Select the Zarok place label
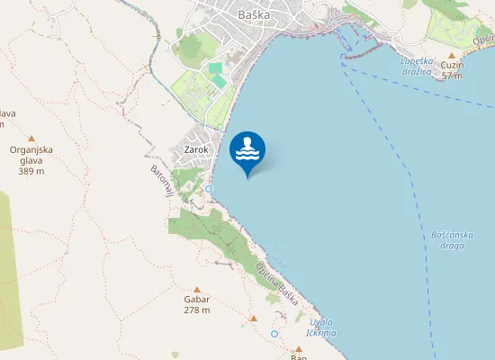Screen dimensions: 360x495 195,149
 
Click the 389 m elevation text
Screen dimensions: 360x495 31,171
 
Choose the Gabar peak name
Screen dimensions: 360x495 196,299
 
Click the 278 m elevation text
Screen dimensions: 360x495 196,310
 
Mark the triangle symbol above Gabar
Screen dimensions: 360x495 196,288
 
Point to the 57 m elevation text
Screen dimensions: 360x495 452,76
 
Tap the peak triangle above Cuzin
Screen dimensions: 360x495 452,54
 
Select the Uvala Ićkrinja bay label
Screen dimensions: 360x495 321,328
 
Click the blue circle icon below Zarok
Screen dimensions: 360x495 209,189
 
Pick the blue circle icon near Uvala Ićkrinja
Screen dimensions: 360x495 274,334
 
